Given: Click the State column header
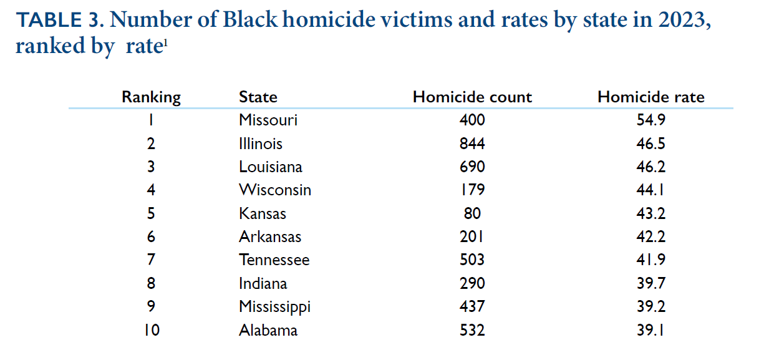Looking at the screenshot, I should click(258, 97).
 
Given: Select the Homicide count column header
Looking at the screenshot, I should click(472, 97).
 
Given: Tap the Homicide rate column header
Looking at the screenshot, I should click(651, 97).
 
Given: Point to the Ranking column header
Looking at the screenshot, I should click(151, 97).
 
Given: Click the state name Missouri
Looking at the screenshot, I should click(268, 120).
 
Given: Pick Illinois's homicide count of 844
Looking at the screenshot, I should click(472, 144).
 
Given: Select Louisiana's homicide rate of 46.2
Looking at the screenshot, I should click(651, 167).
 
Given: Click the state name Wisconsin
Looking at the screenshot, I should click(274, 190).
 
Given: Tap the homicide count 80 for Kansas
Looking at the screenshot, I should click(472, 213).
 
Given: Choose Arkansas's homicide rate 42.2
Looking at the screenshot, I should click(651, 236).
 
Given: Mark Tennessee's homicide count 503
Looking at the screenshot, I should click(472, 260).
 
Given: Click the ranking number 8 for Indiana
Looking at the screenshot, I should click(151, 283).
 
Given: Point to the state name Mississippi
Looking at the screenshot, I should click(274, 306).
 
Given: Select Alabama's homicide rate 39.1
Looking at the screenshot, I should click(651, 329).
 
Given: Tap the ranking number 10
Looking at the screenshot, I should click(151, 329).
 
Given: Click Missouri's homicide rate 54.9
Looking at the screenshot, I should click(651, 120).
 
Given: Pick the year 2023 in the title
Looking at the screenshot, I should click(679, 21).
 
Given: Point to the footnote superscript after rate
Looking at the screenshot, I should click(165, 42).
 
